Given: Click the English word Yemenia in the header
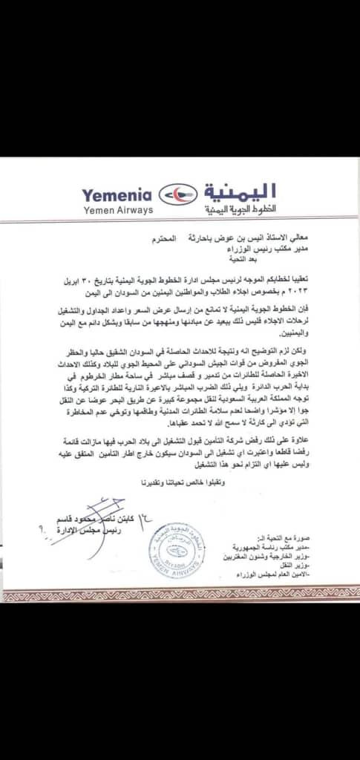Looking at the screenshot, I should click(117, 196).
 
